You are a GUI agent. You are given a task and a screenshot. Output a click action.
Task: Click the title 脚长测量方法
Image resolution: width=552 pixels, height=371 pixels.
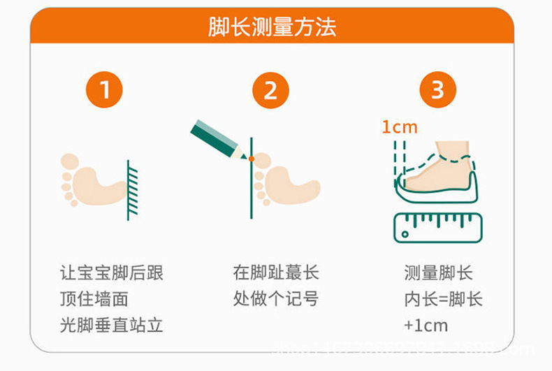click(x=272, y=27)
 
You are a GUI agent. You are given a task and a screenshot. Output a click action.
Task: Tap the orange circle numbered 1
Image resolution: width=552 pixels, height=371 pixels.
click(x=104, y=90)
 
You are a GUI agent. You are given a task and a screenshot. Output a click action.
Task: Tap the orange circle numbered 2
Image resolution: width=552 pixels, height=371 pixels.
click(x=270, y=90)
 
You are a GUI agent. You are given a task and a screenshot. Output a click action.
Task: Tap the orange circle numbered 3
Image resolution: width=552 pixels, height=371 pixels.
click(x=437, y=90)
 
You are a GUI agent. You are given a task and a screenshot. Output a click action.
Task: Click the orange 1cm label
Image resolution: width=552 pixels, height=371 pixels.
click(x=399, y=127)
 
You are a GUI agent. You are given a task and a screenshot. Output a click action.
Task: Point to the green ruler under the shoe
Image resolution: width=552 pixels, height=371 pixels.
click(x=438, y=227)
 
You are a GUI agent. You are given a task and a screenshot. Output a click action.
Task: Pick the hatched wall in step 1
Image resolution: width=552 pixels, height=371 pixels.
click(x=131, y=189)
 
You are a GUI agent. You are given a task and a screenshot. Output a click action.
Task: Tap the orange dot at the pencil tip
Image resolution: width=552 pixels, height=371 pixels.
click(x=251, y=159)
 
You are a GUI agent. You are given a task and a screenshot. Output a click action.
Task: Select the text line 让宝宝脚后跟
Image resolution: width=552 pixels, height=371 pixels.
click(x=111, y=272)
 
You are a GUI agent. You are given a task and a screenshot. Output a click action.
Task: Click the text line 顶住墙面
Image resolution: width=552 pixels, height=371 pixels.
click(x=94, y=299)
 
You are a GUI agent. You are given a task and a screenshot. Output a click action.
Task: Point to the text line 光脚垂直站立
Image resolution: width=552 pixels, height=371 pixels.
click(x=111, y=326)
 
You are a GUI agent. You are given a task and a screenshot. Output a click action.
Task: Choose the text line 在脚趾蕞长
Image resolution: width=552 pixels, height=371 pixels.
click(x=276, y=272)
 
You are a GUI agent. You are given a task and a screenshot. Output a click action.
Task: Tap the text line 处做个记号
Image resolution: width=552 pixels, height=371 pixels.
click(x=276, y=299)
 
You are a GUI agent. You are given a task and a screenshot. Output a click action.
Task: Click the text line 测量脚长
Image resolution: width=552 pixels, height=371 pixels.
click(x=438, y=273)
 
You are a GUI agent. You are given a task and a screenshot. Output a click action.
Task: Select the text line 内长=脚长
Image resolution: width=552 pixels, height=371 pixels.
click(x=443, y=299)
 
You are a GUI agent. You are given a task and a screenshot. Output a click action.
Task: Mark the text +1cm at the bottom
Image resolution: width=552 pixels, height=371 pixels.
click(x=426, y=326)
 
